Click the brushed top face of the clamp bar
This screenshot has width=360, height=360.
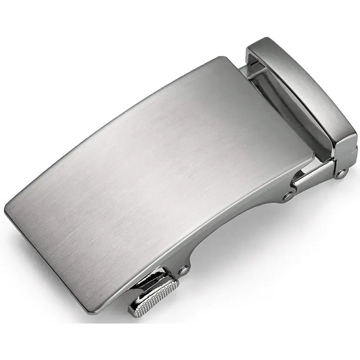pyautogui.click(x=301, y=85)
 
